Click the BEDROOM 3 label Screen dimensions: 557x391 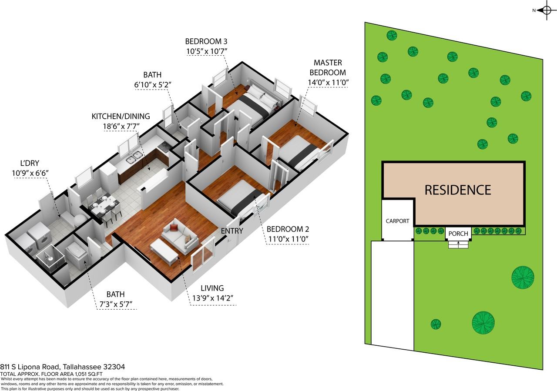(x=206, y=41)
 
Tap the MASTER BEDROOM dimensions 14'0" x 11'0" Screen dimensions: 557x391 (x=328, y=82)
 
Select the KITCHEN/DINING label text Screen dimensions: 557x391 (x=121, y=116)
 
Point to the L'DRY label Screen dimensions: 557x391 (x=30, y=163)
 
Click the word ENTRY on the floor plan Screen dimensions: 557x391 (x=232, y=231)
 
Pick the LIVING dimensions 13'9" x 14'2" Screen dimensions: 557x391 (x=213, y=298)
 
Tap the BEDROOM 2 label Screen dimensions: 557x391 (x=288, y=229)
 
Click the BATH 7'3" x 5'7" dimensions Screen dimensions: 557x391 (x=116, y=304)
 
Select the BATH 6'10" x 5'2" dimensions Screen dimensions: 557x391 (x=153, y=85)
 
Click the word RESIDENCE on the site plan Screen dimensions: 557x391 (x=457, y=190)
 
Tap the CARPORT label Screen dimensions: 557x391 (x=397, y=221)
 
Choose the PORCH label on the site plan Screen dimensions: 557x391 (x=458, y=234)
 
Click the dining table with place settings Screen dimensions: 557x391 (x=104, y=205)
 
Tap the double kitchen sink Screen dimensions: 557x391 (x=134, y=157)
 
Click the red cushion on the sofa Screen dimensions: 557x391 (x=173, y=227)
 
